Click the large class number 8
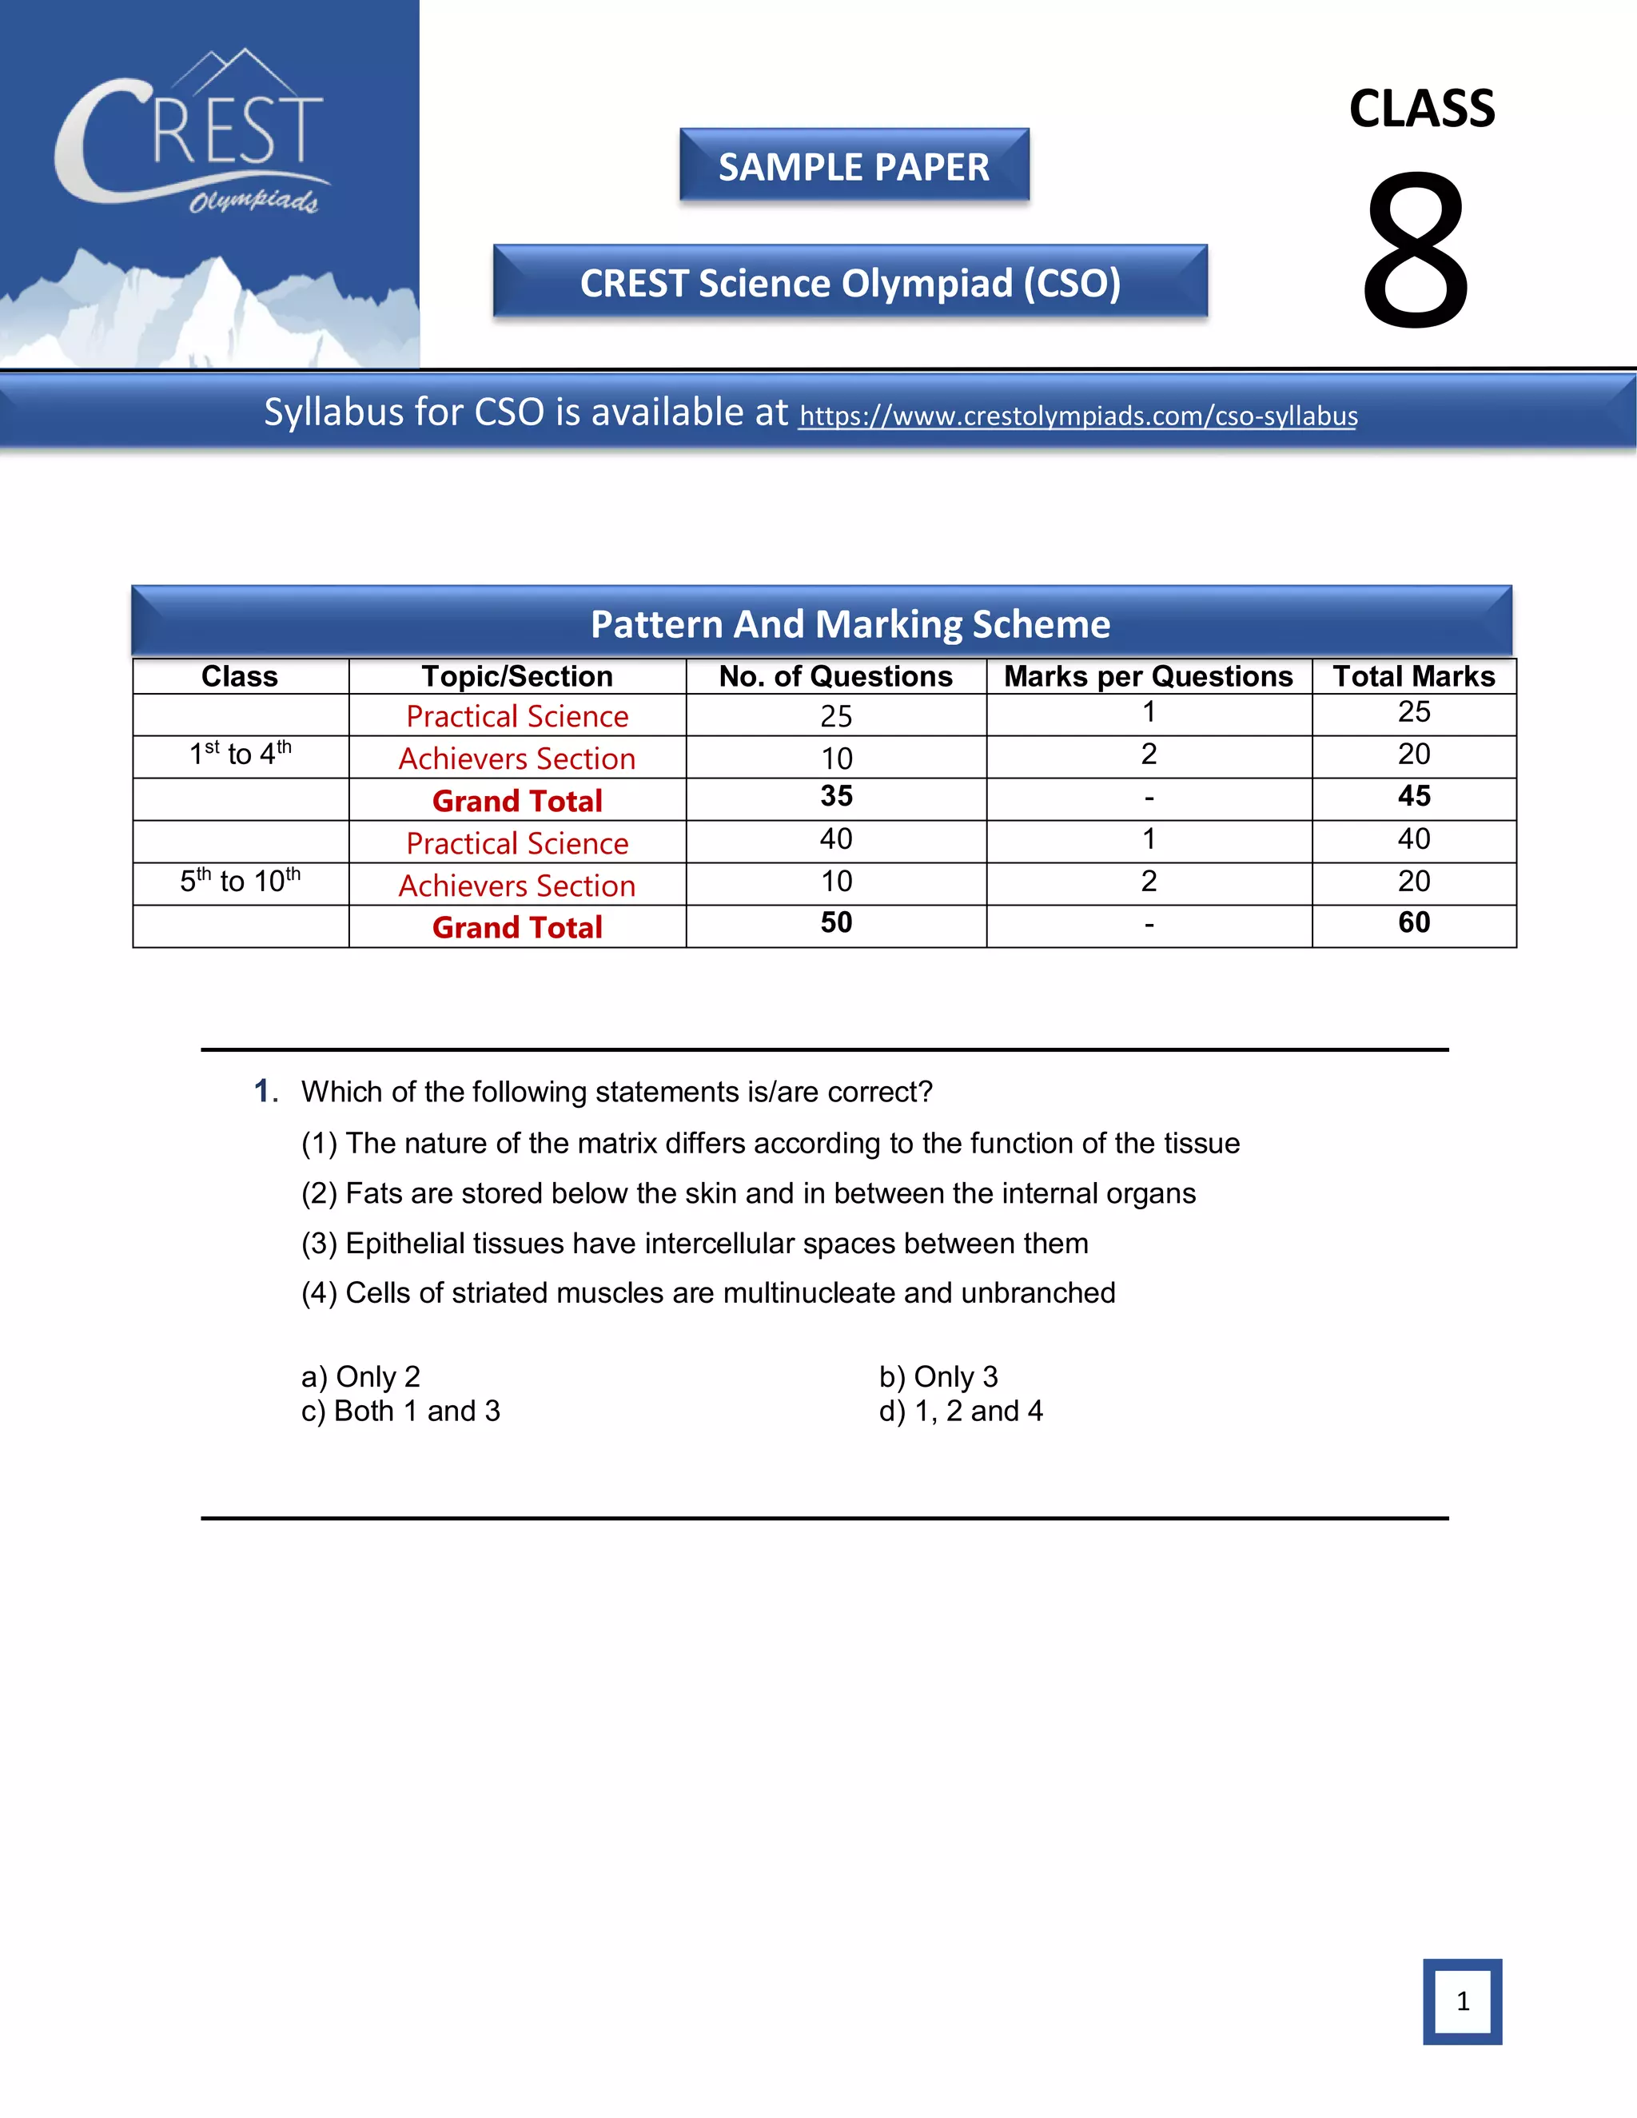[1416, 250]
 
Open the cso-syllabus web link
[1077, 416]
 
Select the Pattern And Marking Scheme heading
[850, 623]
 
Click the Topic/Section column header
[517, 676]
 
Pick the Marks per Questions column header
[1149, 676]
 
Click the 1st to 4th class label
[240, 754]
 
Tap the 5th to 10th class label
[240, 881]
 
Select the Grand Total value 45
[1414, 796]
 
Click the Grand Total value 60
[1414, 922]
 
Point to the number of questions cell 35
[836, 796]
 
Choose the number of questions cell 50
[836, 922]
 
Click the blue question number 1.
[264, 1091]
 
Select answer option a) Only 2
[360, 1376]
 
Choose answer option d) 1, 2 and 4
[961, 1411]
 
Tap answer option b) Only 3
[938, 1376]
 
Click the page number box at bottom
[1461, 2001]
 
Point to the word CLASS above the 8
[1422, 109]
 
